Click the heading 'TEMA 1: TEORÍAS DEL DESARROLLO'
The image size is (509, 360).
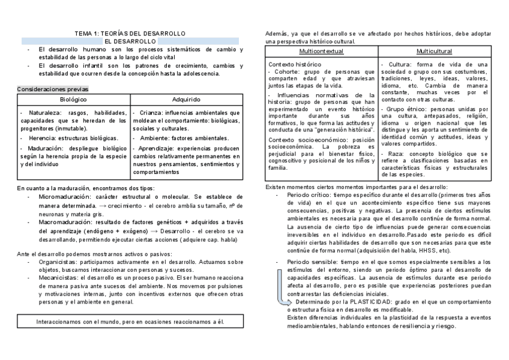click(130, 33)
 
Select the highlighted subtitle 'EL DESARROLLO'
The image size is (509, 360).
click(130, 41)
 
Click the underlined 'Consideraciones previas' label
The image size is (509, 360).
click(52, 89)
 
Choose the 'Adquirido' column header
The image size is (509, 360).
click(186, 99)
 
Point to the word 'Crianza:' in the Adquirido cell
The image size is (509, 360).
click(149, 113)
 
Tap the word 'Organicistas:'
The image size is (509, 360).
click(59, 262)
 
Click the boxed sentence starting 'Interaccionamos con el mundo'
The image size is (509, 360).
click(130, 322)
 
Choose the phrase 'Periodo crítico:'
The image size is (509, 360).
click(309, 195)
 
